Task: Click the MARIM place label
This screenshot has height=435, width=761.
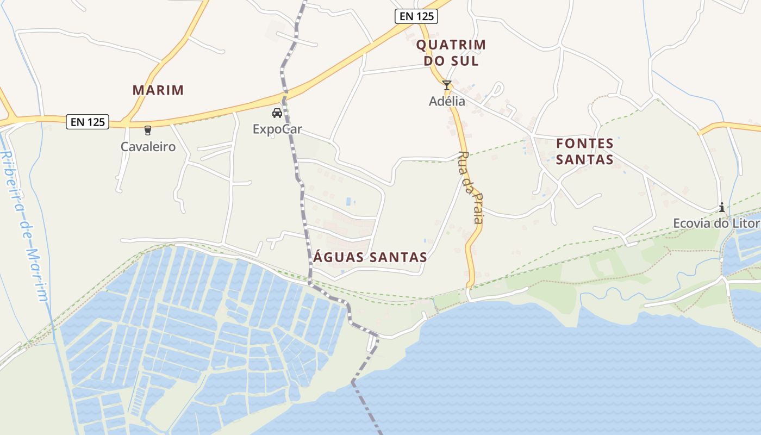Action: [158, 90]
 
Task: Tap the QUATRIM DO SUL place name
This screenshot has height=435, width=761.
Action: [451, 53]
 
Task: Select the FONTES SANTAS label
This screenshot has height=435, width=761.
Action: [585, 152]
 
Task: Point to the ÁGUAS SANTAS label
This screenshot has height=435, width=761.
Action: [370, 257]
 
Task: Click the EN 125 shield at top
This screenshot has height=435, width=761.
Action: [416, 16]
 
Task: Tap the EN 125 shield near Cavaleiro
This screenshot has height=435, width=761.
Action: [88, 122]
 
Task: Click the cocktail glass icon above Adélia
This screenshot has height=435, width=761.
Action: [447, 85]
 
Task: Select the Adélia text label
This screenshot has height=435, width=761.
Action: [447, 101]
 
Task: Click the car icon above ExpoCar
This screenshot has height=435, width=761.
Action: [277, 113]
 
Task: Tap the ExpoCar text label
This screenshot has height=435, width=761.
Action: [277, 129]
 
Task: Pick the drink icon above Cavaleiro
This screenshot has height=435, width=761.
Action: [147, 130]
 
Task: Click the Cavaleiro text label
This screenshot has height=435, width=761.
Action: [148, 147]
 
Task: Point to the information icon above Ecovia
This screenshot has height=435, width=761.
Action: [722, 207]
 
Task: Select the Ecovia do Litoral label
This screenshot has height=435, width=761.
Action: [716, 223]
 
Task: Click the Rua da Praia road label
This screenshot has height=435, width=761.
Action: [471, 188]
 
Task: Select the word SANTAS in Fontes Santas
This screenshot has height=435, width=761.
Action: [585, 160]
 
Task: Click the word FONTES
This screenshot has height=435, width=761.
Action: [585, 144]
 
